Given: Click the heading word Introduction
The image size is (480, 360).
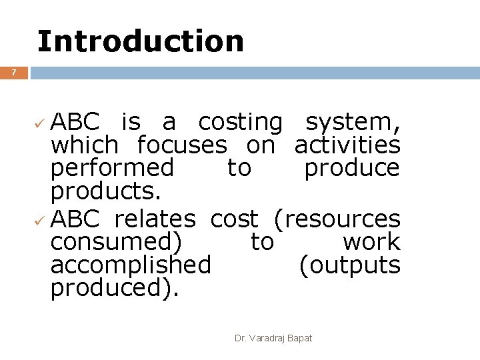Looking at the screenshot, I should click(x=141, y=41).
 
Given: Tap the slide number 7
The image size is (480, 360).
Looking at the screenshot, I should click(x=14, y=72).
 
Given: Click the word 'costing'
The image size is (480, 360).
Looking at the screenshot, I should click(x=241, y=123).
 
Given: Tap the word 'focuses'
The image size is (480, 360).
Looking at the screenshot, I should click(x=181, y=144).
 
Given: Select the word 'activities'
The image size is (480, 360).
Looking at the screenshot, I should click(x=347, y=144).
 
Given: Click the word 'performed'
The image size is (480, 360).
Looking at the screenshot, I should click(x=112, y=168).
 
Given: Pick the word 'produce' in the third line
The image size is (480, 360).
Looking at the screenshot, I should click(x=352, y=168).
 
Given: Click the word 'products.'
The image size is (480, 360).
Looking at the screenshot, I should click(x=106, y=191).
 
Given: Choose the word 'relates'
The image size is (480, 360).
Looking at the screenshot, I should click(x=155, y=218).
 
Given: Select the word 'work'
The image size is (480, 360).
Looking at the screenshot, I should click(x=371, y=241).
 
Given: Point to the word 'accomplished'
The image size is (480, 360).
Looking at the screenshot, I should click(x=131, y=265).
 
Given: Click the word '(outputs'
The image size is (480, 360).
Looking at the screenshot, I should click(x=349, y=265).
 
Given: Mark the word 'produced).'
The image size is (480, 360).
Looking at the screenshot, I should click(x=115, y=288).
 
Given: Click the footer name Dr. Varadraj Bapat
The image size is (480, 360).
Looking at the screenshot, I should click(x=273, y=339).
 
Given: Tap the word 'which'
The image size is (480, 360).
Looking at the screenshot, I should click(x=85, y=144).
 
